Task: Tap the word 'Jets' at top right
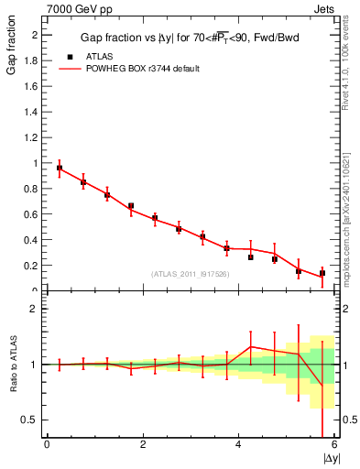point(324,7)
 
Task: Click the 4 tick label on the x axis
point(239,445)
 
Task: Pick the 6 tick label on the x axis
point(334,445)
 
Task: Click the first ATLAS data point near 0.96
point(60,169)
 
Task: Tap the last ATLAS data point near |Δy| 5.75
point(322,273)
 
